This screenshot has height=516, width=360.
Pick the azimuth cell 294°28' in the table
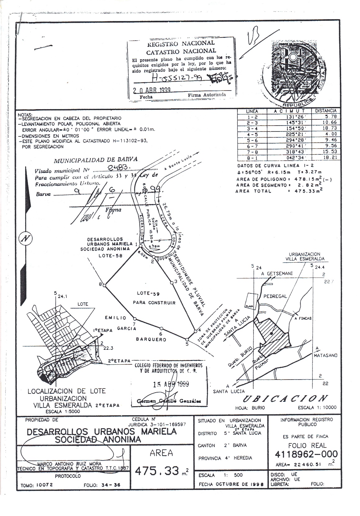point(290,140)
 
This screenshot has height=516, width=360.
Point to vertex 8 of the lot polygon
point(105,285)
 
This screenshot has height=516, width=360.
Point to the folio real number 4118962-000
point(306,455)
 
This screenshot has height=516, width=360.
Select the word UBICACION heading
point(285,398)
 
